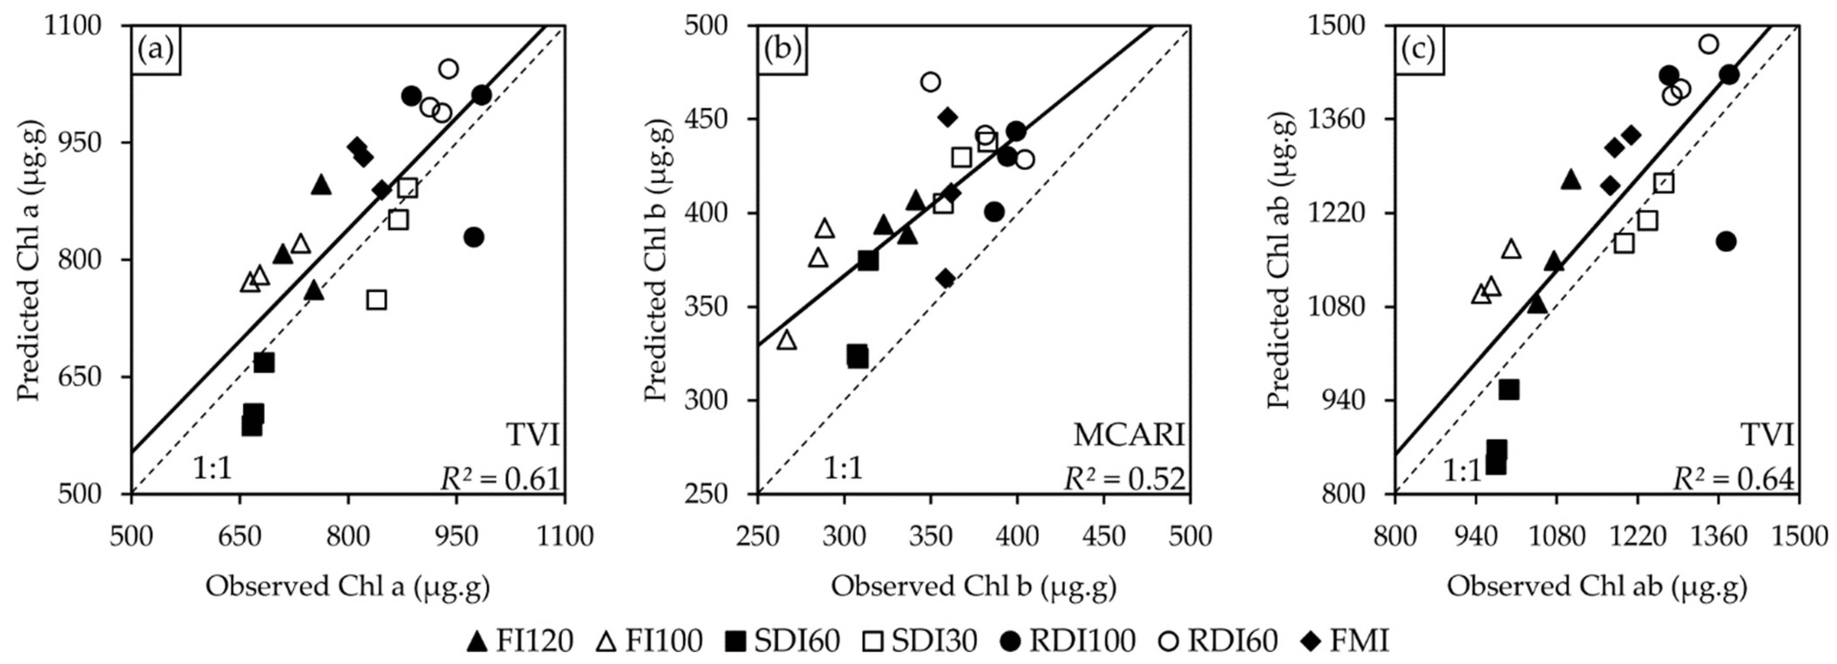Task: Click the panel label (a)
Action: pyautogui.click(x=156, y=50)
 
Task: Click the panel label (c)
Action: pyautogui.click(x=1419, y=50)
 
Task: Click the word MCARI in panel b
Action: pyautogui.click(x=1129, y=434)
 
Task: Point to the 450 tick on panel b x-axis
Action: pyautogui.click(x=1103, y=535)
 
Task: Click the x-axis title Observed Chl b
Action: pyautogui.click(x=973, y=586)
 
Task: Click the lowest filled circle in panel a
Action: pyautogui.click(x=473, y=237)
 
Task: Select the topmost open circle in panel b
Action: pyautogui.click(x=930, y=82)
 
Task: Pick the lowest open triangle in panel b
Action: pyautogui.click(x=787, y=340)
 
